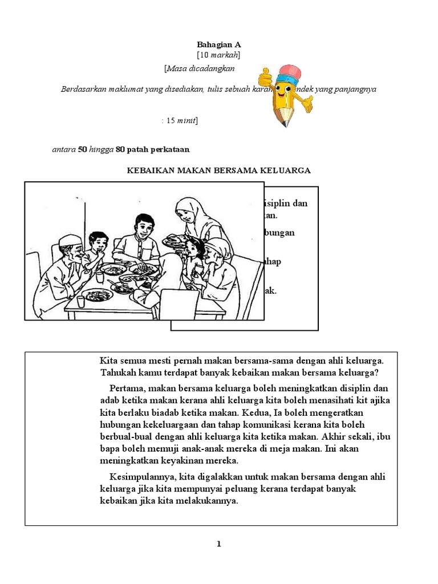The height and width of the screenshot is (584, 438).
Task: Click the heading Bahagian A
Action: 218,44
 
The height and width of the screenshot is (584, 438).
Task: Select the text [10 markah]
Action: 218,55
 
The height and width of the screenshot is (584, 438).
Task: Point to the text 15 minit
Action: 181,121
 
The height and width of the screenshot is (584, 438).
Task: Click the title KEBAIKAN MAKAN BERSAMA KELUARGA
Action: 218,171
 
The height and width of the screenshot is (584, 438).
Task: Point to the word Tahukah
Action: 117,373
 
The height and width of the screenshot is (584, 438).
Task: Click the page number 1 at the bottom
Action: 218,544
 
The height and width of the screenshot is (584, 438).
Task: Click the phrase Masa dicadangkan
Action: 200,68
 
